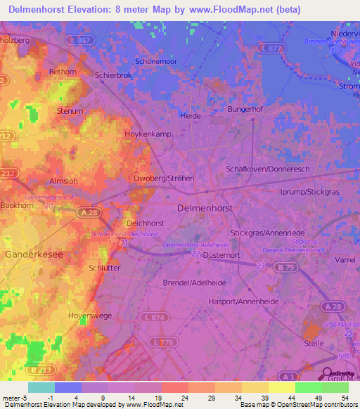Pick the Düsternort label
coord(223,256)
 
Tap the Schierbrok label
coord(112,74)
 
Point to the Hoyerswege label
coord(90,316)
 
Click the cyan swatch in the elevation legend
coord(41,387)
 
